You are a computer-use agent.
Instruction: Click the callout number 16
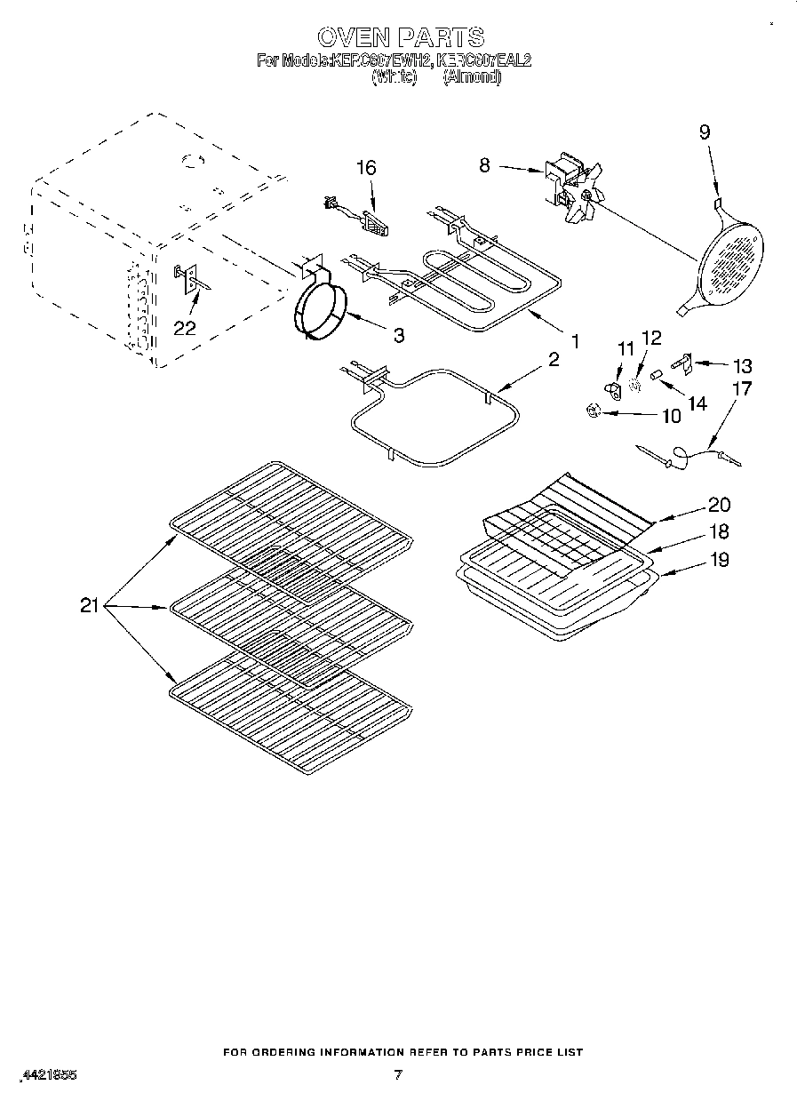click(365, 168)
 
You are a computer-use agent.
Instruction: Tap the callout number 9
click(704, 132)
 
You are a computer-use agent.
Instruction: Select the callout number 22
click(184, 327)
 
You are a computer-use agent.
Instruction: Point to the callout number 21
click(89, 606)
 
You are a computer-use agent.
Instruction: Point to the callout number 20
click(719, 504)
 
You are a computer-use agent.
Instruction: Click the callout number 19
click(719, 559)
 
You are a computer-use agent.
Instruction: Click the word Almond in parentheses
click(472, 77)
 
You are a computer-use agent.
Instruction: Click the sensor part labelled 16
click(355, 216)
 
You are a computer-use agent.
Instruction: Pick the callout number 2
click(553, 359)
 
